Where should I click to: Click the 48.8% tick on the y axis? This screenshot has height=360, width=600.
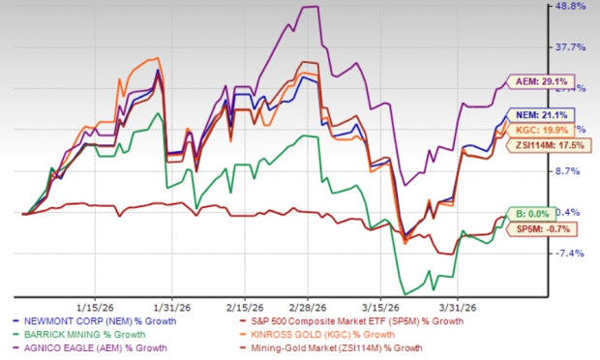[570, 6]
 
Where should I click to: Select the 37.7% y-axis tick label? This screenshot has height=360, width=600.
[570, 46]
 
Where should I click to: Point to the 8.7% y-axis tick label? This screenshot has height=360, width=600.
[568, 170]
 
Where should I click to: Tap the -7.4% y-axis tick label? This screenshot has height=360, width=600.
[569, 254]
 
